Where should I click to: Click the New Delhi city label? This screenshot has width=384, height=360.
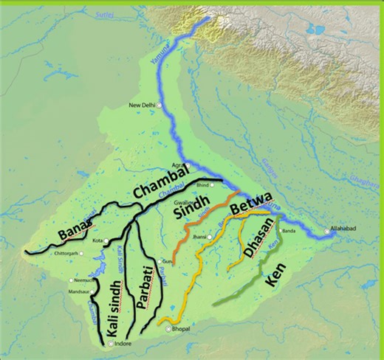pos(144,105)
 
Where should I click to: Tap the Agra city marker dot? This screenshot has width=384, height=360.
pos(188,165)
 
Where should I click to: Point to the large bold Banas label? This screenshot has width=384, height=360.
pos(78,228)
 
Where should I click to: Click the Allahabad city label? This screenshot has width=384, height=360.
pos(343,229)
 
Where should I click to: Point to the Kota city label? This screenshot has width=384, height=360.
pos(97,241)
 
